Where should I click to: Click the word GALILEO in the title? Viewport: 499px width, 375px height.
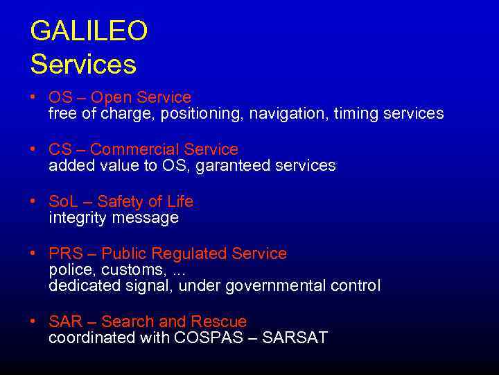89,31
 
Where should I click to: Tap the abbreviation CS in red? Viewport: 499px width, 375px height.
60,149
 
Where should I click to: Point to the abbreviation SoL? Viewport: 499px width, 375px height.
63,201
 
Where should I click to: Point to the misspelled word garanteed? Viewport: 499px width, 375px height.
233,166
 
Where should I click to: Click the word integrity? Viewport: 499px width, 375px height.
76,218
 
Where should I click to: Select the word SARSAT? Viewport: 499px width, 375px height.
296,338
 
